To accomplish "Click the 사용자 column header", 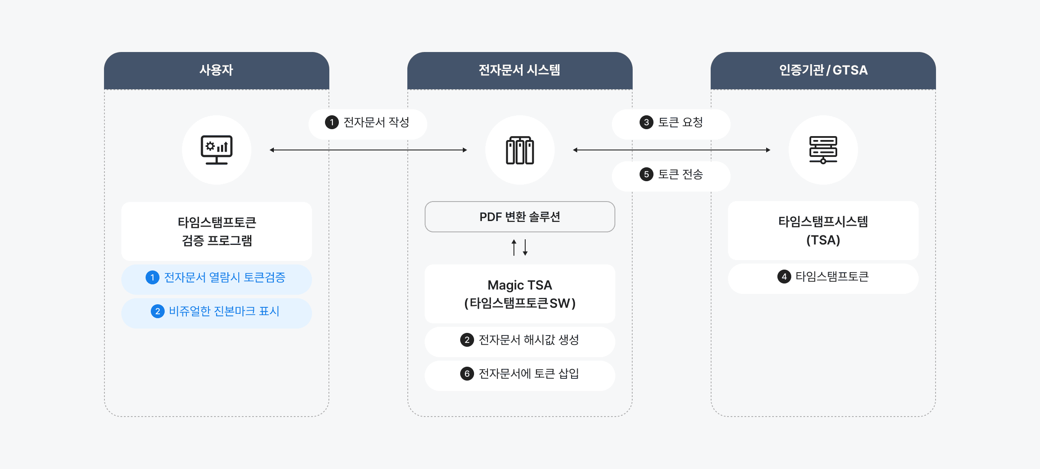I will coord(216,70).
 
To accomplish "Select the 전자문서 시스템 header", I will coord(520,70).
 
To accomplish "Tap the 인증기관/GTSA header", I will coord(823,70).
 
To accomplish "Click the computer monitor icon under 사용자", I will coord(217,150).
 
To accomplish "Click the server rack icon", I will coord(823,150).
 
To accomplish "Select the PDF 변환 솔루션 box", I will coord(520,217).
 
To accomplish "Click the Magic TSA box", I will coord(520,294).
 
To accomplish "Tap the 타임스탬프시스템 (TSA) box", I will coord(823,231).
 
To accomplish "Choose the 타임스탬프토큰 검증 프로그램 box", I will coord(217,231).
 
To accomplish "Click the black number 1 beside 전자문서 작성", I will coord(332,123).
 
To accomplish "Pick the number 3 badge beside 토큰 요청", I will coord(646,123).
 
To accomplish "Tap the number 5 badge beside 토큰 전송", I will coord(646,175).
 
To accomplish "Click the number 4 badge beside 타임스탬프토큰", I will coord(784,277).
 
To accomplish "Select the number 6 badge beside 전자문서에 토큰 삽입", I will coord(467,374).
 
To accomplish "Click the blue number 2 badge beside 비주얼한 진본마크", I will coord(157,311).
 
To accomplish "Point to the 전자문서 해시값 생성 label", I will coord(529,340).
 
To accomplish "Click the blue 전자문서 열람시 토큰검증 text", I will coord(224,277).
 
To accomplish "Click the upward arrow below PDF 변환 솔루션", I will coord(514,248).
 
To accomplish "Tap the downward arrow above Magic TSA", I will coord(525,248).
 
